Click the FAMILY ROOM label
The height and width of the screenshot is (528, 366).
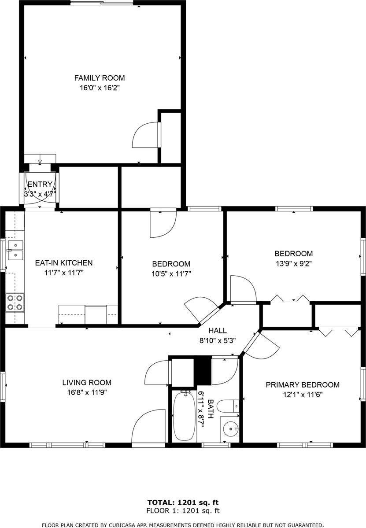(99, 78)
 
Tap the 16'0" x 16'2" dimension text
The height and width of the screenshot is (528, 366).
(99, 88)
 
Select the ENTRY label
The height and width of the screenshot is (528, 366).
(40, 184)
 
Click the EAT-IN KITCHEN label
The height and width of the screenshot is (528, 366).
(64, 263)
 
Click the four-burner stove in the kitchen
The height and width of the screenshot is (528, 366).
(15, 302)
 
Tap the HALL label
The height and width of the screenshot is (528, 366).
(218, 330)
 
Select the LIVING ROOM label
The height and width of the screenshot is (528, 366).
(87, 383)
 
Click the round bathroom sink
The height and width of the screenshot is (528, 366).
(229, 428)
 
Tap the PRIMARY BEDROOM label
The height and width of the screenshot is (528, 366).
(303, 385)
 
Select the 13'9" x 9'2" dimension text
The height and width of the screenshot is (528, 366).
(294, 263)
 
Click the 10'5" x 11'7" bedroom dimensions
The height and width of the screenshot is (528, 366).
(171, 273)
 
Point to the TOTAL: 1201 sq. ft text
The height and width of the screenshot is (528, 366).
(183, 502)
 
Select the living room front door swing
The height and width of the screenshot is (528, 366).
(149, 427)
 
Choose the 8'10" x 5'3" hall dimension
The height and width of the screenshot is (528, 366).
(218, 340)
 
